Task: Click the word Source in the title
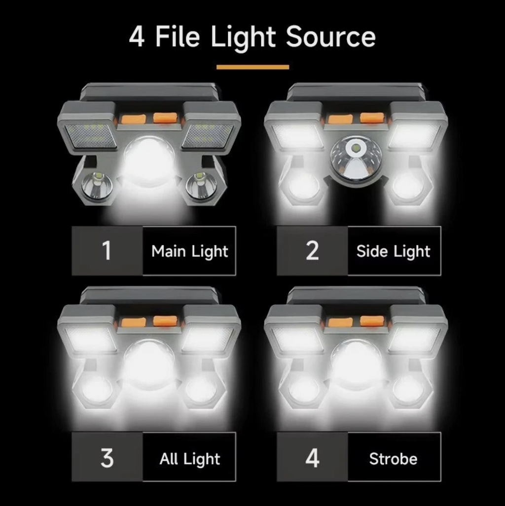click(330, 37)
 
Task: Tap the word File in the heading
click(178, 37)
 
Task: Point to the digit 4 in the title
click(137, 37)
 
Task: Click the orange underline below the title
click(252, 67)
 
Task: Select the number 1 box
click(107, 251)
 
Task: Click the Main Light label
click(189, 251)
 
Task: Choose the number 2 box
click(312, 251)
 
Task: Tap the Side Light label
click(394, 251)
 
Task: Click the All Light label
click(189, 459)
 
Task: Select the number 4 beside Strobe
click(312, 457)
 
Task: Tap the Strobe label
click(394, 459)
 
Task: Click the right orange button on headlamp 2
click(372, 118)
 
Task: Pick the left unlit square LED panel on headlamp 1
click(91, 136)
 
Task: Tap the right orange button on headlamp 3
click(165, 321)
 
